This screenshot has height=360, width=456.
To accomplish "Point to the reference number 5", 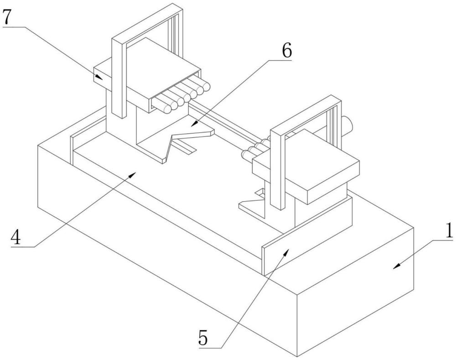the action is [203, 337].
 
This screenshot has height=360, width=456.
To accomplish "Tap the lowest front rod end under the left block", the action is [167, 109].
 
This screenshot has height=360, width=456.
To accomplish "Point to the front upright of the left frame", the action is [119, 78].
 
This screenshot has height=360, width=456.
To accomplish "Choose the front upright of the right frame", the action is [278, 170].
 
